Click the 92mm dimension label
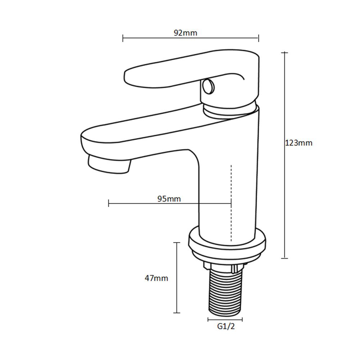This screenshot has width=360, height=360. pos(185,33)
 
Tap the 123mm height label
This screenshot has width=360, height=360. pos(299,143)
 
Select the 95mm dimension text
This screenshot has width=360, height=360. pos(169,199)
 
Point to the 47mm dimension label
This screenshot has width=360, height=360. pos(156,278)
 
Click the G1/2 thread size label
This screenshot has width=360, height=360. pos(226,326)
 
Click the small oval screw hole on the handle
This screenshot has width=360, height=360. pos(208,86)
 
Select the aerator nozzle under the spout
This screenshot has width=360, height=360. pos(109,164)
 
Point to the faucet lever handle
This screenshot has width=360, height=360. pos(192,76)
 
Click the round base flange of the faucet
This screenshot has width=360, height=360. pos(227,244)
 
